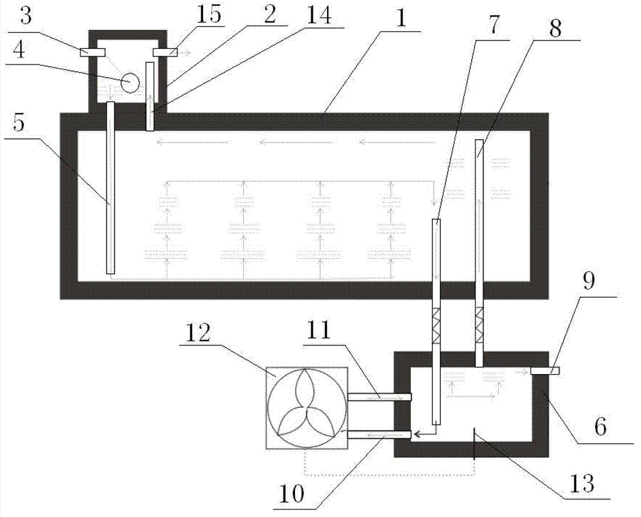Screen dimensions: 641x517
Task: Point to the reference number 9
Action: coord(588,281)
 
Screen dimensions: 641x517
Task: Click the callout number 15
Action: coord(208,15)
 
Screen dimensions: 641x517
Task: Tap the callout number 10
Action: coord(292,494)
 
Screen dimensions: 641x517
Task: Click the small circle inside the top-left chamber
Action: coord(130,83)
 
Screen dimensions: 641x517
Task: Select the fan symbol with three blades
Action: coord(307,408)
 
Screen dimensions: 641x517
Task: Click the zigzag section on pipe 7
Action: coord(437,326)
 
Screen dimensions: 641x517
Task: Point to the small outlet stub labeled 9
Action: coord(545,371)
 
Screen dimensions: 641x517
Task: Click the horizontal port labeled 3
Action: coord(93,52)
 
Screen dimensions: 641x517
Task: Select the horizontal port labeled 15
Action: coord(165,52)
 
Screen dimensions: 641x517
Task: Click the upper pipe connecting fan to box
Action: coord(379,397)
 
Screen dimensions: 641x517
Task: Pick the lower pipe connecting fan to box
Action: coord(379,435)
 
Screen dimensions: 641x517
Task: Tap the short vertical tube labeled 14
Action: coord(150,96)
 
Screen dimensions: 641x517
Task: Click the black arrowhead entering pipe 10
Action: coord(417,434)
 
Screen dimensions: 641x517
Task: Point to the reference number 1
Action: coord(401,19)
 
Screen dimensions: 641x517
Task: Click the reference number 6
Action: coord(600,427)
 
